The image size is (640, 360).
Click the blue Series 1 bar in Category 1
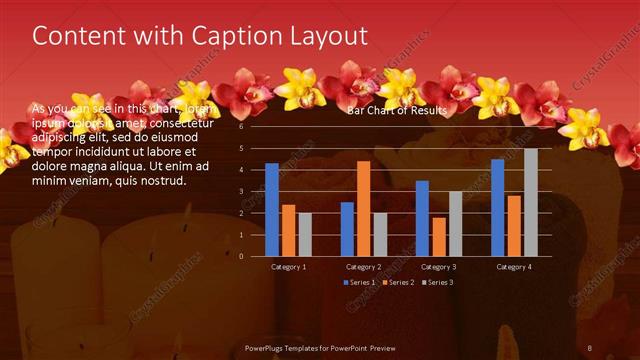272,209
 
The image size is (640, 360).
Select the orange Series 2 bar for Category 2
363,208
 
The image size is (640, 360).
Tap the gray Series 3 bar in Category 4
530,202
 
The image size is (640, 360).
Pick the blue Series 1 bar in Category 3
422,218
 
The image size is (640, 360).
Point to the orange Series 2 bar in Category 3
438,236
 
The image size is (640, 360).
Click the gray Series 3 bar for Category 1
304,234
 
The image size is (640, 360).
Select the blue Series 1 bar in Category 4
498,207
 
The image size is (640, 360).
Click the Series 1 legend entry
361,283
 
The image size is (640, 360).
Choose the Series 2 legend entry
398,283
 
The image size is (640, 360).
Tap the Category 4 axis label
513,267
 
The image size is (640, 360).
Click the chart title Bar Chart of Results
397,111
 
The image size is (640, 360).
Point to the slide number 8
590,348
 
